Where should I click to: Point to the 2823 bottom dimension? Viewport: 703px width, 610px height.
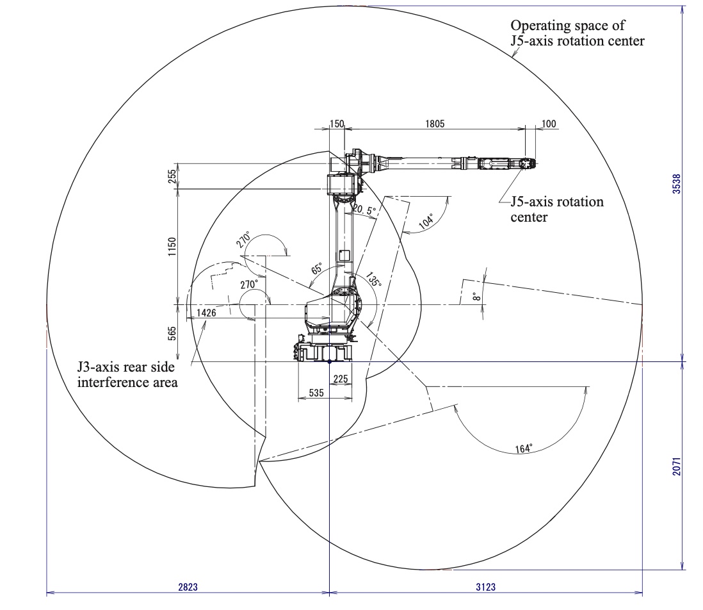tap(188, 586)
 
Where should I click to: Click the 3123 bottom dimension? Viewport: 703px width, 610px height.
tap(485, 586)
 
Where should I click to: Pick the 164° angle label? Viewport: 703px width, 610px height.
tap(524, 449)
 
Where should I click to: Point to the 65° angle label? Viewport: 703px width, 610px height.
tap(318, 268)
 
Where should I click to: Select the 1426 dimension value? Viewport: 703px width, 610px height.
tap(206, 313)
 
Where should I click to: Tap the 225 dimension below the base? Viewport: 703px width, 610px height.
tap(341, 379)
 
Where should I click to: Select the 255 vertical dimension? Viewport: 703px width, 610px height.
tap(172, 176)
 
